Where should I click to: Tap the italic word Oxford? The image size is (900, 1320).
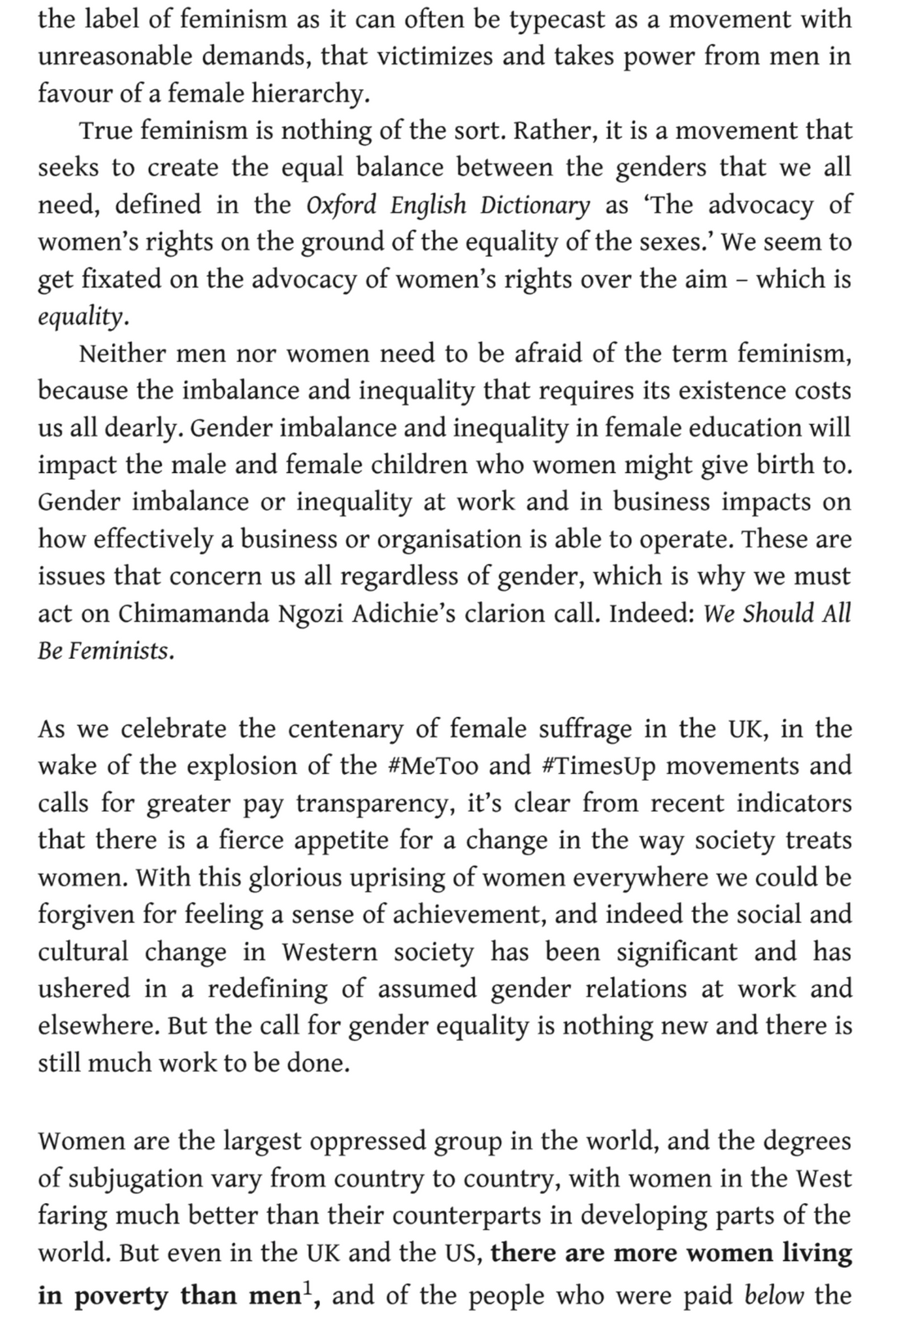coord(343,205)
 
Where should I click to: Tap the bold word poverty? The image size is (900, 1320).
coord(121,1297)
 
